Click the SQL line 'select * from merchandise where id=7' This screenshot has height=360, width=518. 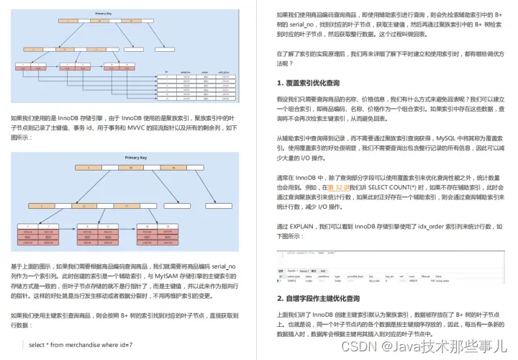81,344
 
